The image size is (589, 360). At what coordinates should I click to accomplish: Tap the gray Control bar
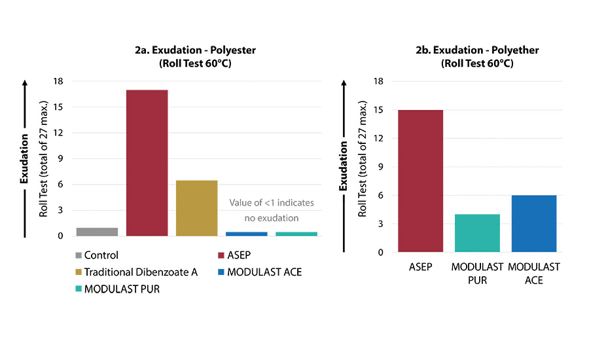pos(97,231)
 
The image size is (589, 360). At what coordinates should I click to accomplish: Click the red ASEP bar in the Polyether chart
pos(420,181)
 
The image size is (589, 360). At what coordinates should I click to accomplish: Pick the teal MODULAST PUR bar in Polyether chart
pos(477,232)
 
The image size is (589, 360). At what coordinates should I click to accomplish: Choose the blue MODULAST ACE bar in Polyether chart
pos(533,223)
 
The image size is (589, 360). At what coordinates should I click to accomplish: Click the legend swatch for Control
pos(79,255)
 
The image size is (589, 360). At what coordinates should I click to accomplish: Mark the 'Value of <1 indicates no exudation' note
pos(271,210)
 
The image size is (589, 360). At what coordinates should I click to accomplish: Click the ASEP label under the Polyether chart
pos(419,268)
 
